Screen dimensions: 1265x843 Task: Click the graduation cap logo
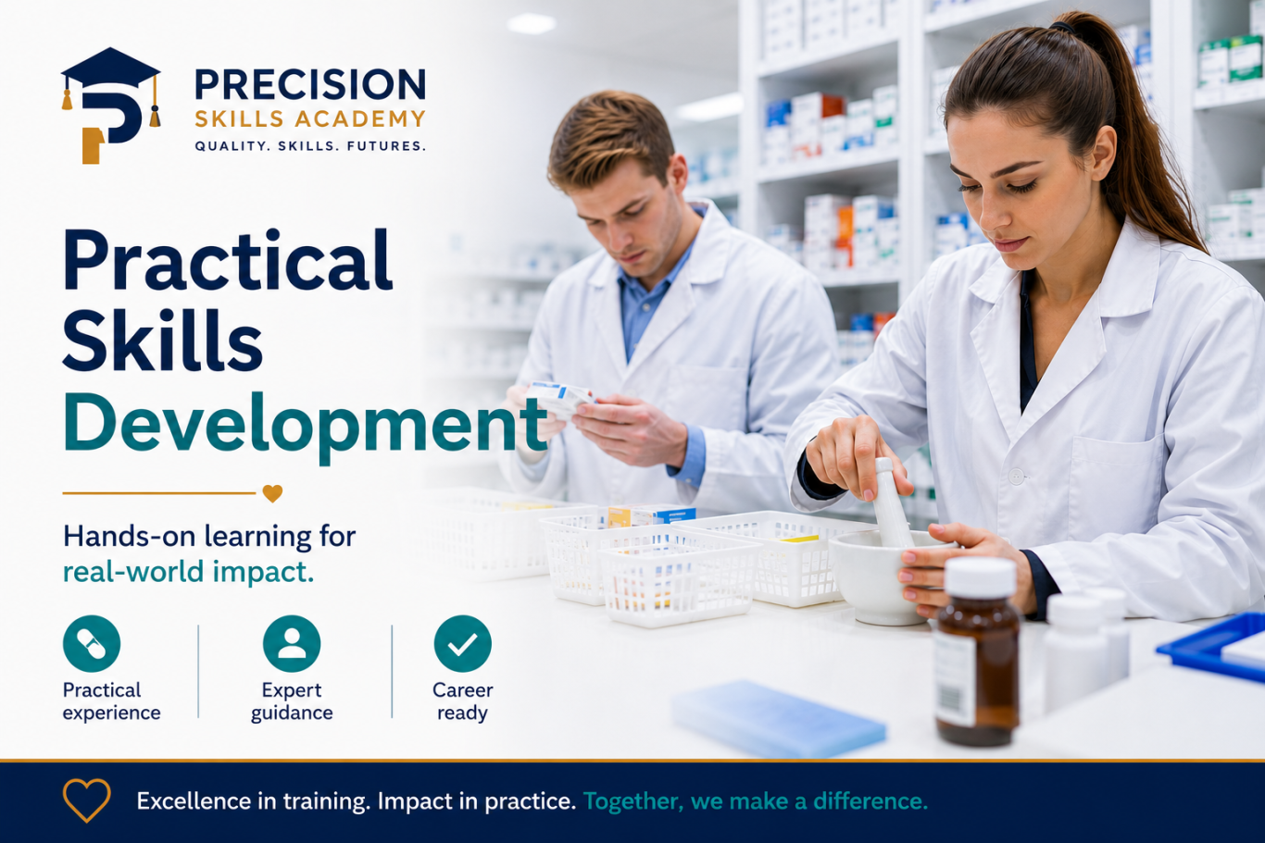click(111, 105)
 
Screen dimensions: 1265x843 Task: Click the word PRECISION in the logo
click(310, 84)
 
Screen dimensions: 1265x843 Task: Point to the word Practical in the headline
click(227, 260)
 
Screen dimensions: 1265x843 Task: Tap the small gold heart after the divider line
click(272, 493)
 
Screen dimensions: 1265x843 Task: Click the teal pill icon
click(92, 643)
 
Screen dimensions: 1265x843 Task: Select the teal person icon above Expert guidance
click(292, 643)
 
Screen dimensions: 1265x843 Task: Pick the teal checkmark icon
click(462, 643)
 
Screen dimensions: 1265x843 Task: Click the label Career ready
click(462, 701)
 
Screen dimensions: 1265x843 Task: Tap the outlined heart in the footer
click(86, 800)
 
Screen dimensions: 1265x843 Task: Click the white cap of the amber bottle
click(980, 577)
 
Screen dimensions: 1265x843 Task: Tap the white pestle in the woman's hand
click(891, 502)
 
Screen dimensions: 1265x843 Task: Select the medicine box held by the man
click(559, 399)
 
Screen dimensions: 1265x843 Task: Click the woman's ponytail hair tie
click(1061, 27)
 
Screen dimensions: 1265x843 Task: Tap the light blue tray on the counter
click(778, 718)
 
